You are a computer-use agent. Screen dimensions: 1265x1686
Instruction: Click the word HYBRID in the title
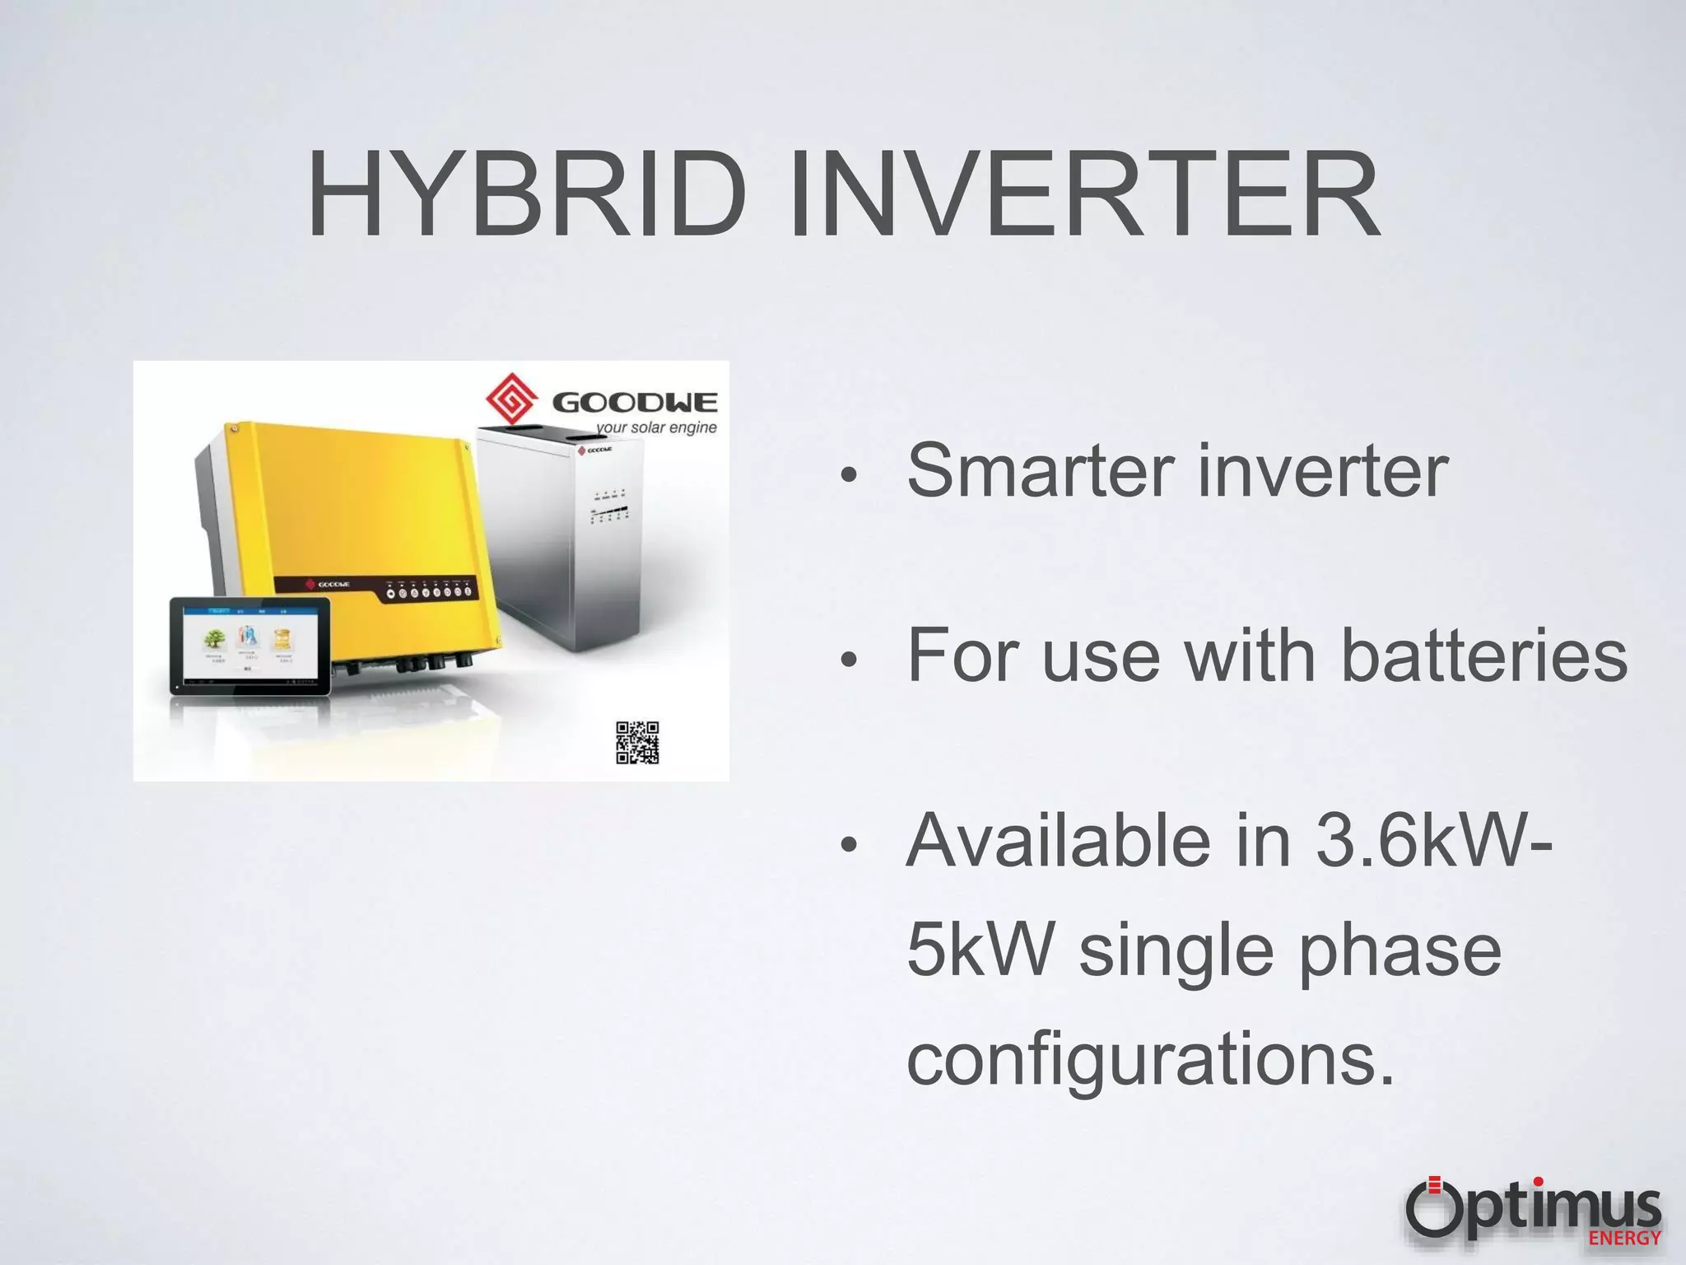coord(527,195)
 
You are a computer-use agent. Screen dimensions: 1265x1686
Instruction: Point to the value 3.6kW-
coord(1432,842)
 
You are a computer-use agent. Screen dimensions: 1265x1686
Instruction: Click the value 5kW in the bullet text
coord(980,951)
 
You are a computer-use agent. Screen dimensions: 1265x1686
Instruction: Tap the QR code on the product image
coord(637,743)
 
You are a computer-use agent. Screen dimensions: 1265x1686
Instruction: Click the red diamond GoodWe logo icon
coord(511,399)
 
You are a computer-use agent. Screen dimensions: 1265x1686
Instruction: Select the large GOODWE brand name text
coord(635,403)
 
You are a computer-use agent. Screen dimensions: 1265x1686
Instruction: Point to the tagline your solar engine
coord(657,428)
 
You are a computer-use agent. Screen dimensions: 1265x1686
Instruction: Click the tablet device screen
coord(249,644)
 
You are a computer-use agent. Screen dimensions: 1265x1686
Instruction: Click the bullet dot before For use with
coord(850,659)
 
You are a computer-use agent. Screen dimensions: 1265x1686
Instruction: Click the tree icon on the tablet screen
coord(216,639)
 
